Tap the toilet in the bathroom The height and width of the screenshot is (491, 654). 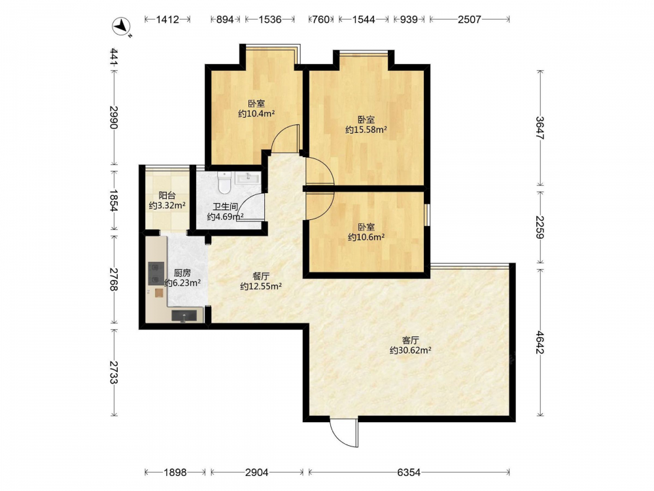224,183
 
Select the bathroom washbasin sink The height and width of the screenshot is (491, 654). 248,177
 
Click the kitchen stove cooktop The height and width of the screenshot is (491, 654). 156,274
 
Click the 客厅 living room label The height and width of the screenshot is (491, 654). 411,340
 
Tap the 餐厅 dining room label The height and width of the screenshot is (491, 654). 261,276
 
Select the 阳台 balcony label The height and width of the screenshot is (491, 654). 167,195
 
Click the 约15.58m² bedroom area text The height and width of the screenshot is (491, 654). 366,130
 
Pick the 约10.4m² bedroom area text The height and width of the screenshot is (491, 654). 256,113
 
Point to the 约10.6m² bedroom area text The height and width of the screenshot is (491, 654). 366,237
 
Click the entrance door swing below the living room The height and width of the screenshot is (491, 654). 344,433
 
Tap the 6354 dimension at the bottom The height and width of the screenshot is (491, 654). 409,472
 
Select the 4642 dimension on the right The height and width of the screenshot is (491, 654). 540,342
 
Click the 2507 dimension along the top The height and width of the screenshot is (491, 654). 469,19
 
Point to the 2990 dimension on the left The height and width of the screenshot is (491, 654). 114,117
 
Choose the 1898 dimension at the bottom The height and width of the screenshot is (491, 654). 175,472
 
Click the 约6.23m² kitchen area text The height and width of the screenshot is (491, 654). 182,283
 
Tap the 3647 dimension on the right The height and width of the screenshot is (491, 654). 540,128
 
